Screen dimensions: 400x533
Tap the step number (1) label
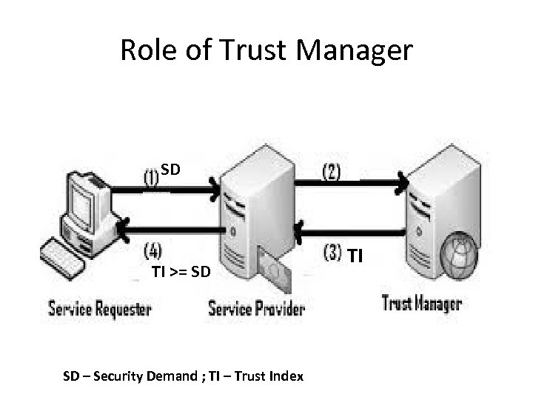pyautogui.click(x=150, y=178)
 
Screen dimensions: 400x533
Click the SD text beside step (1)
pyautogui.click(x=171, y=170)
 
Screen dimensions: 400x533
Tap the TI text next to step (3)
pyautogui.click(x=355, y=256)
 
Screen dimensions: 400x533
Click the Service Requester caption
pyautogui.click(x=100, y=307)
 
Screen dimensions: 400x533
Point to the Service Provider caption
pyautogui.click(x=256, y=307)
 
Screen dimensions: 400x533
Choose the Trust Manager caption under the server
pyautogui.click(x=421, y=303)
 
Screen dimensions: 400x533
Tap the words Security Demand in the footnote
pyautogui.click(x=131, y=376)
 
